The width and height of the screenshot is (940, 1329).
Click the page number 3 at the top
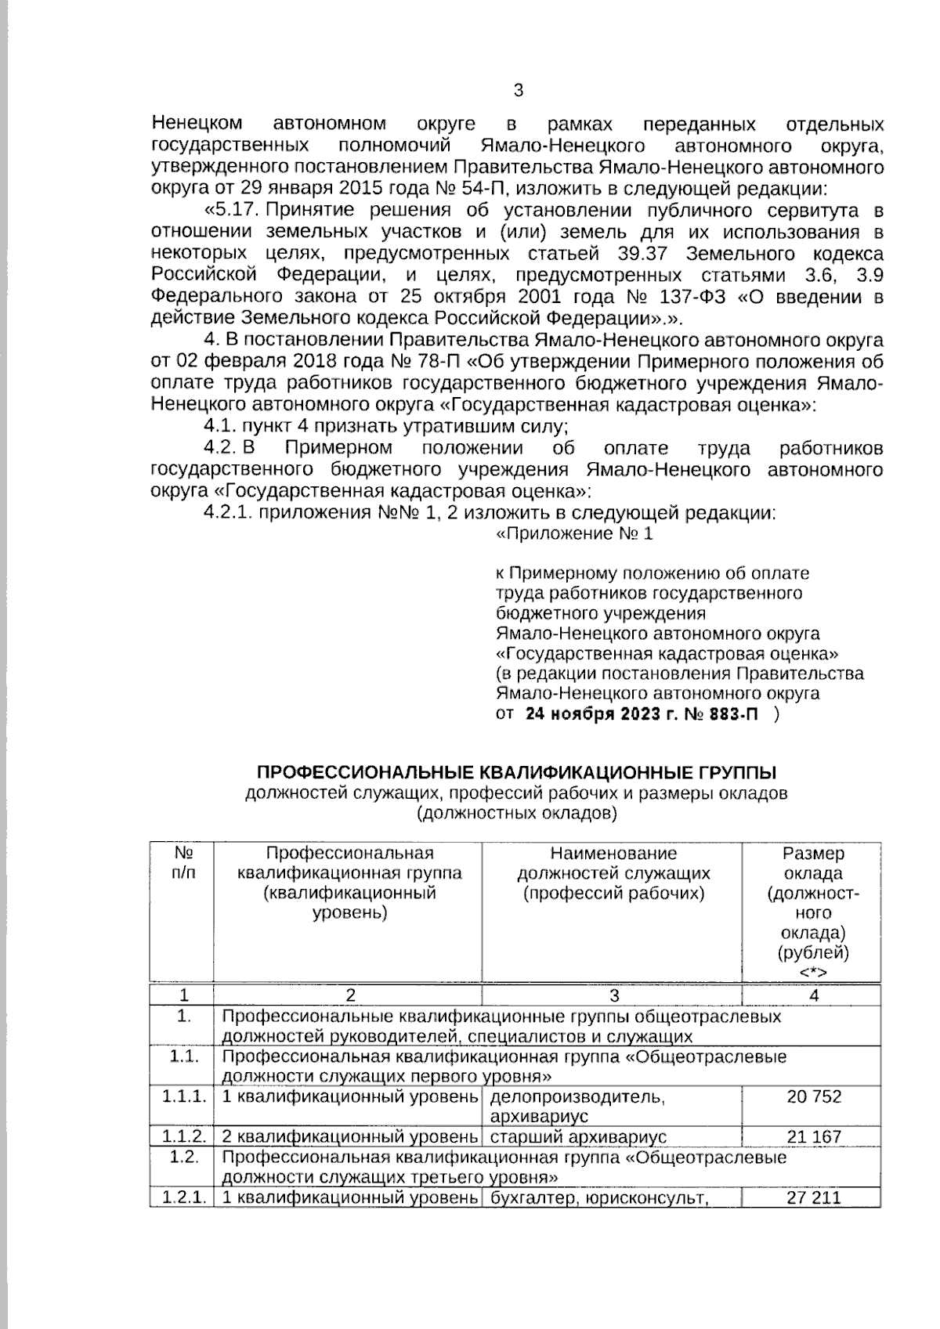tap(518, 90)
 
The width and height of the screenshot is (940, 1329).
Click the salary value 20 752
tap(814, 1097)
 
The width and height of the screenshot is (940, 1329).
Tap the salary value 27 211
tap(814, 1197)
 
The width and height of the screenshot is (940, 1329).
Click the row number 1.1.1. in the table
tap(184, 1097)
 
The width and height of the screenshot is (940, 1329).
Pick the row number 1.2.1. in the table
tap(184, 1197)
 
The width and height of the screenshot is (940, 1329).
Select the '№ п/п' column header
tap(184, 862)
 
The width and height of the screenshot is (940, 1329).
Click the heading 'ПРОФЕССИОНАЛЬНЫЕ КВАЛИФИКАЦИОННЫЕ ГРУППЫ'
tap(517, 773)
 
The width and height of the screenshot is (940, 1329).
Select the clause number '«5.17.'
tap(231, 211)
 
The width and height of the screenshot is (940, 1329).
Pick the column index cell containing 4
tap(814, 996)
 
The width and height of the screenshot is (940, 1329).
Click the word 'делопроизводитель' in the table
tap(577, 1097)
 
